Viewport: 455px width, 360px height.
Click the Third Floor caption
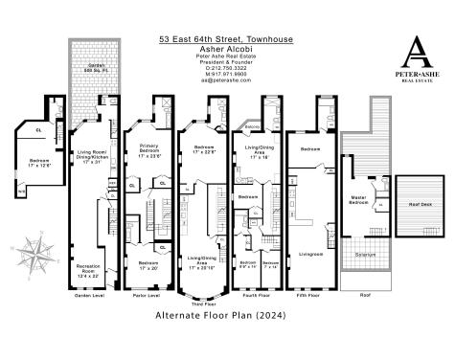point(203,300)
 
